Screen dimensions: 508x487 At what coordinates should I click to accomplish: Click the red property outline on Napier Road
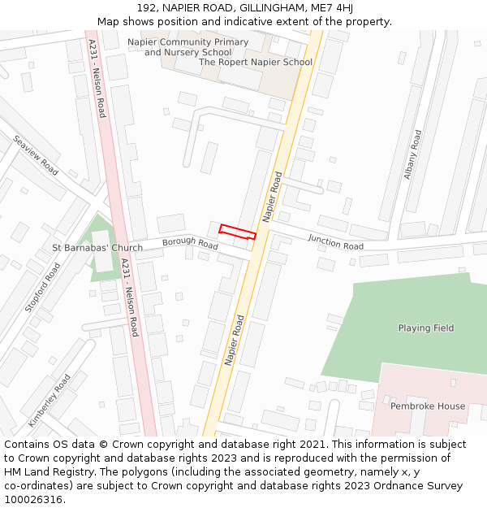tap(238, 232)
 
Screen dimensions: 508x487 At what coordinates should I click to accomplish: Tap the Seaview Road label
tap(36, 155)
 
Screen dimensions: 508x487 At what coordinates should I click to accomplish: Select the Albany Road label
tap(413, 154)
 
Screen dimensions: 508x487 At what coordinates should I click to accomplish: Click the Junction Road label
tap(335, 241)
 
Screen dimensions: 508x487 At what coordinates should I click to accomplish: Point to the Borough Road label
tap(190, 242)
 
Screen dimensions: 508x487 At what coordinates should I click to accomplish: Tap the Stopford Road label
tap(42, 287)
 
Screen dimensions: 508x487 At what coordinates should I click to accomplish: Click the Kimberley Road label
tap(49, 401)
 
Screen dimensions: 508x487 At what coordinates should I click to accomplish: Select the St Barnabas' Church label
tap(97, 248)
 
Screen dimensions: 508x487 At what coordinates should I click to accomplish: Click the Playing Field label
tap(426, 328)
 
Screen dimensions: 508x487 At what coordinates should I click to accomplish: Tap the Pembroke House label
tap(428, 406)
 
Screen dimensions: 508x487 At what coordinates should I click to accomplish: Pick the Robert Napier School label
tap(256, 62)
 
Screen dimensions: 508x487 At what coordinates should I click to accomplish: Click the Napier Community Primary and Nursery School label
tap(188, 47)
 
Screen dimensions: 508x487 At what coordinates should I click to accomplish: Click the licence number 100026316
tap(34, 500)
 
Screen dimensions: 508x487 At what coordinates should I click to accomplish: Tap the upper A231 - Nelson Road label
tap(97, 78)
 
